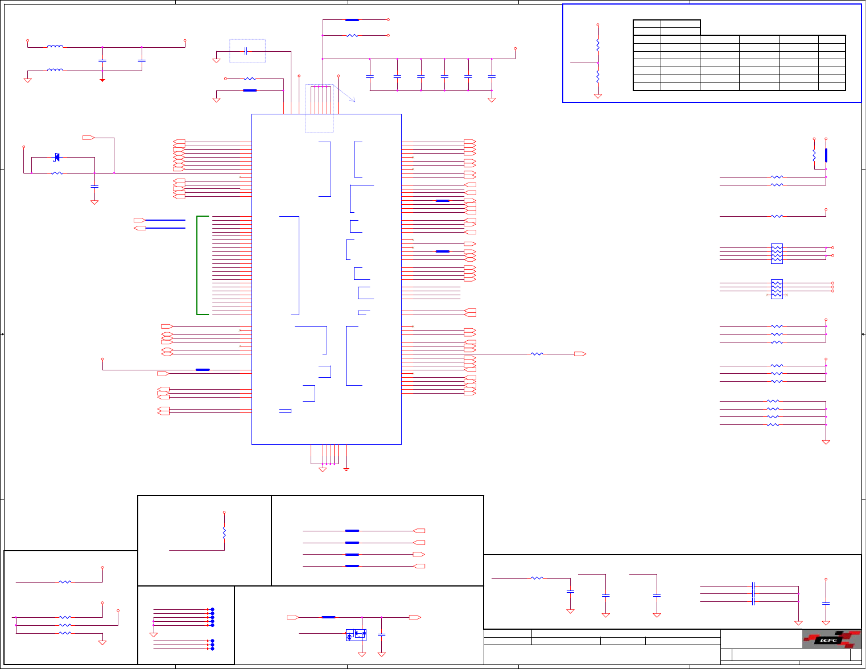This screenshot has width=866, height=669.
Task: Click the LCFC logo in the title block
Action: point(831,639)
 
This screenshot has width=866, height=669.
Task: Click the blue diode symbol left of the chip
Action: point(56,157)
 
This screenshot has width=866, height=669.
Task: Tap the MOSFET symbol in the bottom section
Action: point(356,635)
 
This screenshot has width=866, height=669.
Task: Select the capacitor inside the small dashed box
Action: point(246,51)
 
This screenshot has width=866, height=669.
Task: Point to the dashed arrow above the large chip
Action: point(344,93)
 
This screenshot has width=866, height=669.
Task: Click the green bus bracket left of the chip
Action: point(198,265)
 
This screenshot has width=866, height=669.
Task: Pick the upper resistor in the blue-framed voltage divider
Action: point(597,44)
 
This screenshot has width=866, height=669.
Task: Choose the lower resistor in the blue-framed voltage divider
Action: point(597,77)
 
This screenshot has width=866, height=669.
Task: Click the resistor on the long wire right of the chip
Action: point(537,354)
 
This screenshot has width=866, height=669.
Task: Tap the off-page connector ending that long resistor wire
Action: point(580,354)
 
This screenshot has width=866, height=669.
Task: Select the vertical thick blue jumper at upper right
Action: point(826,155)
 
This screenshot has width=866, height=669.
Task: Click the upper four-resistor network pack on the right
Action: point(777,254)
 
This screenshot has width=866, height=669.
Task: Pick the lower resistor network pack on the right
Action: point(777,289)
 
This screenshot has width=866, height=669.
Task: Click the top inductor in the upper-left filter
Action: point(55,47)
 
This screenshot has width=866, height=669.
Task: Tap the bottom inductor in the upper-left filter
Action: point(55,71)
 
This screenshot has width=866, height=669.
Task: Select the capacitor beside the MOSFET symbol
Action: point(382,635)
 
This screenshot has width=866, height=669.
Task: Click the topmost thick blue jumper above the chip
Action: point(352,20)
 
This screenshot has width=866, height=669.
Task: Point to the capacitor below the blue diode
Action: point(94,186)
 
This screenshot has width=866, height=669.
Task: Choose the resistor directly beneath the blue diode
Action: point(57,173)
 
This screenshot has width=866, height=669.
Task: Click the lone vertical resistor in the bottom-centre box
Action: point(224,533)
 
